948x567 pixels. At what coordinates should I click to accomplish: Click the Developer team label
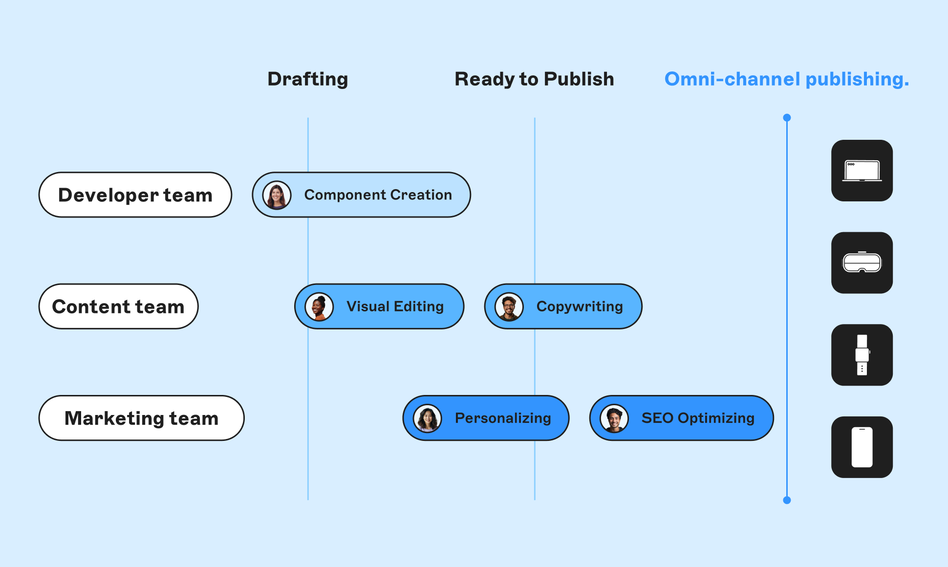click(x=135, y=195)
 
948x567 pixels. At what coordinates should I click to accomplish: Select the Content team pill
click(x=118, y=306)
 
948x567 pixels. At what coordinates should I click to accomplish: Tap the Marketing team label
click(x=141, y=418)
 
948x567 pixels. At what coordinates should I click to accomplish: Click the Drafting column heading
click(x=307, y=79)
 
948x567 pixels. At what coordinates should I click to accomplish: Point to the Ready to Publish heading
click(x=534, y=79)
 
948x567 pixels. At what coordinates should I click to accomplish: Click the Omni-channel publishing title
click(x=786, y=79)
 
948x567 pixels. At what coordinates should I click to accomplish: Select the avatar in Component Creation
click(x=277, y=195)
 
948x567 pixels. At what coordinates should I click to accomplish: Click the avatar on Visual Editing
click(x=319, y=306)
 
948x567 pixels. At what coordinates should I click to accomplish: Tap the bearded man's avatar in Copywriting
click(x=509, y=306)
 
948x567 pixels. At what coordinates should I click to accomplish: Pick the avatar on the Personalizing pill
click(x=428, y=418)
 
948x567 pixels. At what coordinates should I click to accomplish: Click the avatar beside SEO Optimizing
click(x=614, y=418)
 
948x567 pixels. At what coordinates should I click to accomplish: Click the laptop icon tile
click(x=862, y=171)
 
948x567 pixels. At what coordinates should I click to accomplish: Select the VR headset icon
click(x=862, y=262)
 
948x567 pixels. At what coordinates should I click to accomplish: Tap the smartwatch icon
click(x=862, y=355)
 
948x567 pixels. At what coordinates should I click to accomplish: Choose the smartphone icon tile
click(x=862, y=447)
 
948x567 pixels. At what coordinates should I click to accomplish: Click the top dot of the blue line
click(x=787, y=118)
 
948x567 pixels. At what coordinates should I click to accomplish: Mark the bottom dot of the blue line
click(x=787, y=500)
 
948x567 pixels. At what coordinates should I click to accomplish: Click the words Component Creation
click(x=378, y=195)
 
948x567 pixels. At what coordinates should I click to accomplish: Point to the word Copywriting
click(x=580, y=306)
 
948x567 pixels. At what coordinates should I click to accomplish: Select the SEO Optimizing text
click(x=698, y=418)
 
